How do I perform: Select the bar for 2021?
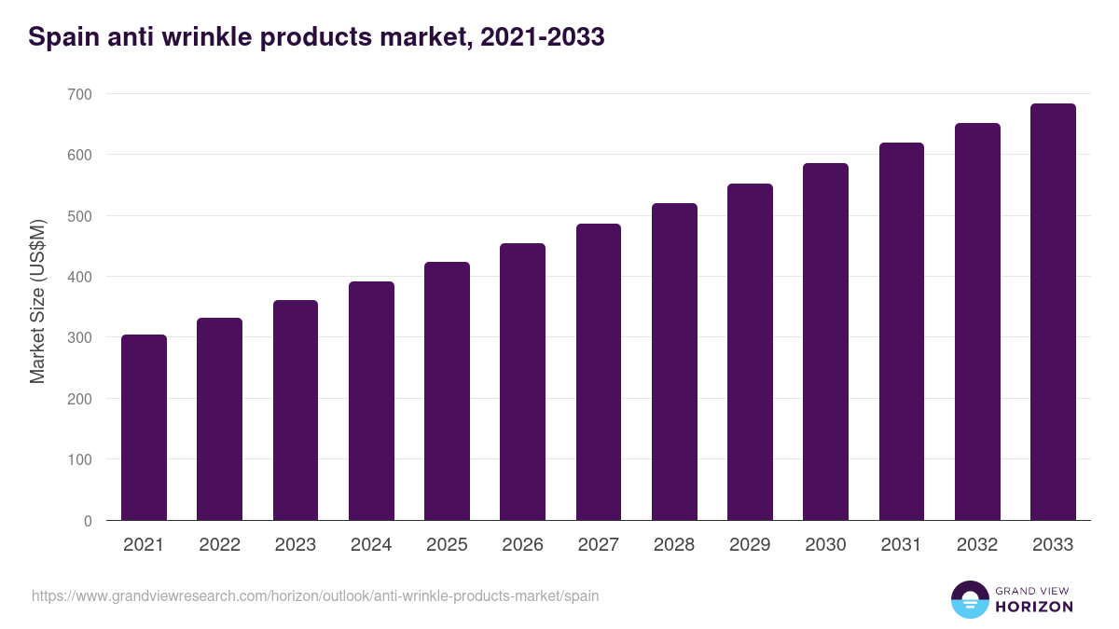(144, 428)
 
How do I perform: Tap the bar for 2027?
(599, 372)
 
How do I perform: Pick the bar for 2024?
(371, 401)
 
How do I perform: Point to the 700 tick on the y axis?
(79, 94)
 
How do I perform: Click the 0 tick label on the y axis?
(88, 521)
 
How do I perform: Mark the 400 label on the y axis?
(79, 277)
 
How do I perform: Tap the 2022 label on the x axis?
(219, 545)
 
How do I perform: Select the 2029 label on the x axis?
(750, 545)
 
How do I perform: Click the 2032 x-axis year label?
(977, 545)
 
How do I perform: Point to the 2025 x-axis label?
(447, 545)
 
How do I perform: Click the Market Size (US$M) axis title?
(37, 301)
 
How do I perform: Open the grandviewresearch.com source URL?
(315, 595)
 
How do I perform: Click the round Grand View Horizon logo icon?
(969, 599)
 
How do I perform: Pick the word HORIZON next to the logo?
(1033, 607)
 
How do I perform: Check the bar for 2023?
(296, 410)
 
